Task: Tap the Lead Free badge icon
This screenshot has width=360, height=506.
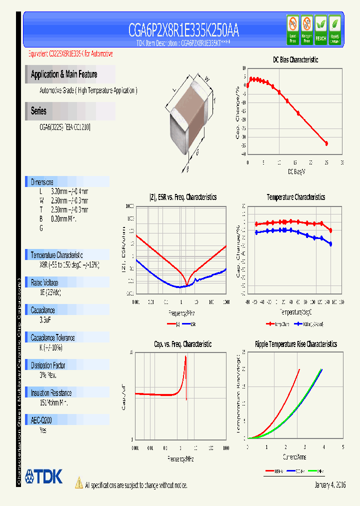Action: coord(292,30)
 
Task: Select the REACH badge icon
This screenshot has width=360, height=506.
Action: coord(320,30)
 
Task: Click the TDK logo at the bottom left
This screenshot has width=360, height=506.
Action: coord(44,476)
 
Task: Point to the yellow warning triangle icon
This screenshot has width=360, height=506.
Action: coord(78,482)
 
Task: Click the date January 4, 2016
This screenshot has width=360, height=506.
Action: coord(330,485)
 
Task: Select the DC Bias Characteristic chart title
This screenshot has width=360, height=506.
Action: coord(295,59)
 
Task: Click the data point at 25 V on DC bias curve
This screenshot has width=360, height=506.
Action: coord(326,143)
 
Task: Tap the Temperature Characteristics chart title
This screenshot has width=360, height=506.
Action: coord(295,197)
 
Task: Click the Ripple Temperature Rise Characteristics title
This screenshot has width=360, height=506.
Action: coord(295,344)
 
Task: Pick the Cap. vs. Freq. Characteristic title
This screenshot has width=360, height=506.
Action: coord(182,344)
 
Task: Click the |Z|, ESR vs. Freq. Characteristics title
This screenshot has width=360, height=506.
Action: coord(183,197)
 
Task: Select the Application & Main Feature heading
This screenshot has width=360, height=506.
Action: coord(64,74)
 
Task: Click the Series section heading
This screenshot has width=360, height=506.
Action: coord(38,111)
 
